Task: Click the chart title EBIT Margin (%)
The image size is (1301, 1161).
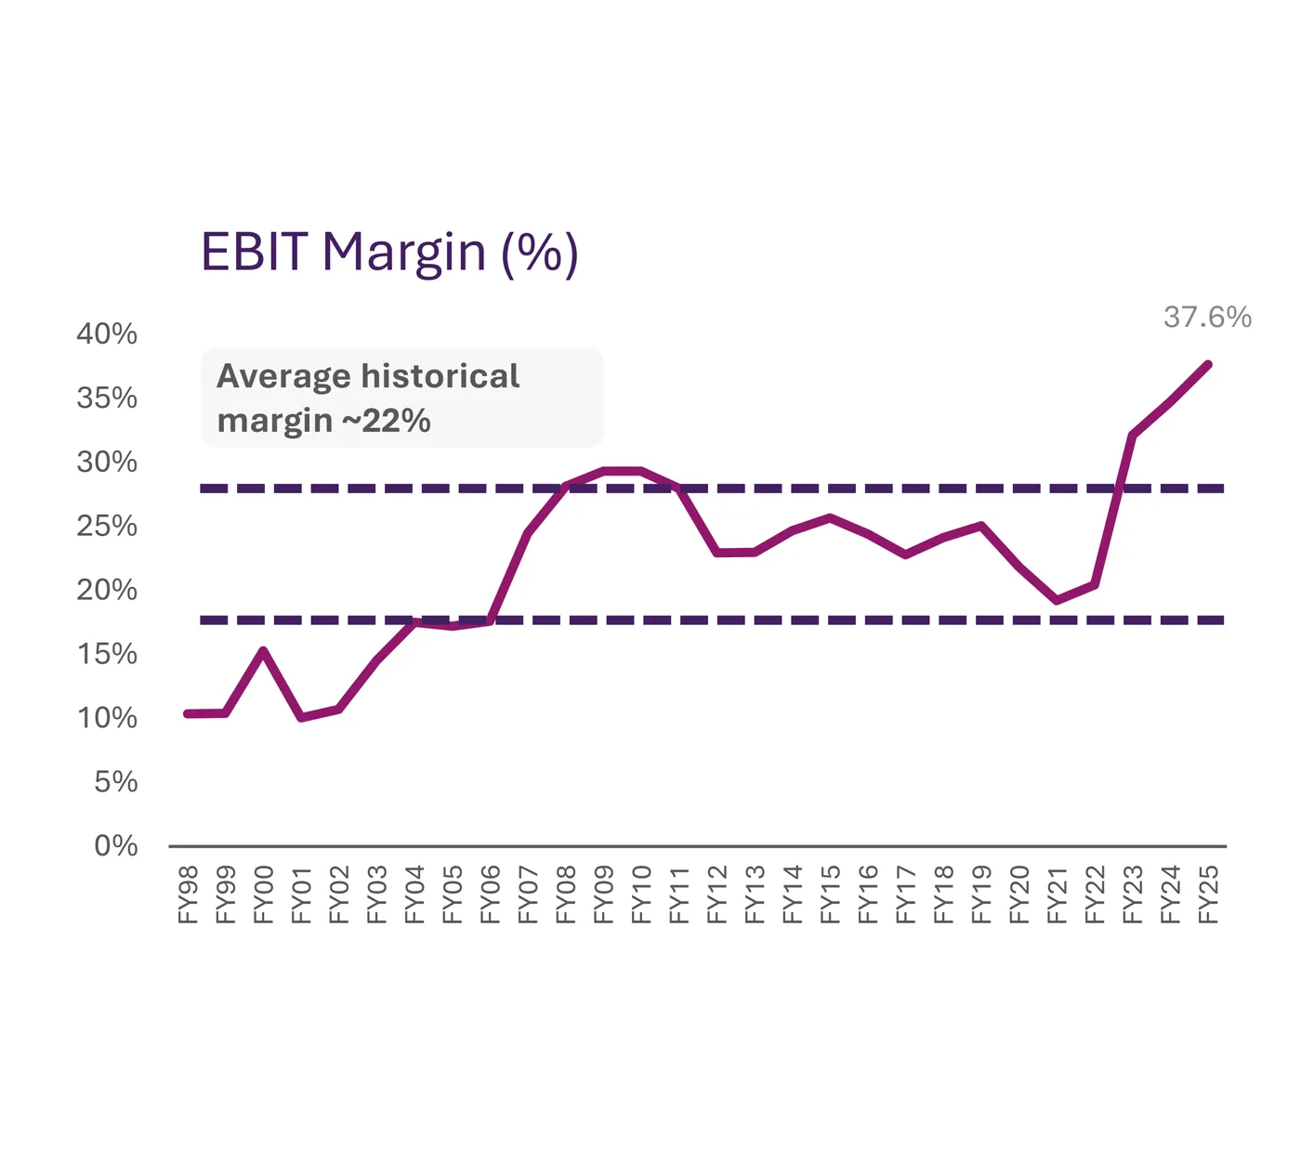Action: (x=389, y=253)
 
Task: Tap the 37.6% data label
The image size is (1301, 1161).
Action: (x=1207, y=318)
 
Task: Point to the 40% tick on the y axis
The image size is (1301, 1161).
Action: (x=107, y=334)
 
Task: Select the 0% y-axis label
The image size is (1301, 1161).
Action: (x=116, y=846)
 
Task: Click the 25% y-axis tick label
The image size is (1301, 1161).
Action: (x=107, y=527)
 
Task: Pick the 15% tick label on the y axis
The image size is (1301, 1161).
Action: (x=107, y=655)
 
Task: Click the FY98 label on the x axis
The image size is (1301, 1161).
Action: (x=189, y=894)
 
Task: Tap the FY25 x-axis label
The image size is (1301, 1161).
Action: (x=1208, y=894)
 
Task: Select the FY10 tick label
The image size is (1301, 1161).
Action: (x=642, y=894)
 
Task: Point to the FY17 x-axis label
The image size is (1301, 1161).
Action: (x=906, y=894)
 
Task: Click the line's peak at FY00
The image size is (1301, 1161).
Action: (x=264, y=651)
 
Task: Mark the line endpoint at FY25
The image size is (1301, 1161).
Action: (x=1208, y=364)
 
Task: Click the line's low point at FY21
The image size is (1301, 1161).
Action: (x=1058, y=601)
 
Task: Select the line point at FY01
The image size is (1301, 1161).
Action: (x=301, y=718)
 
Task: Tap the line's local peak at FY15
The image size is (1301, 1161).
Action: (x=830, y=517)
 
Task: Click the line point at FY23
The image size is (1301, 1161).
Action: (x=1132, y=435)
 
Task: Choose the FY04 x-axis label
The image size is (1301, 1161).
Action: (x=415, y=894)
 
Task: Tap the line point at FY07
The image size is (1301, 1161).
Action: (x=528, y=533)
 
